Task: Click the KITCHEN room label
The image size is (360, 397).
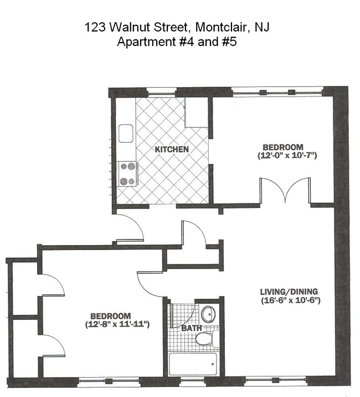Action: click(x=172, y=150)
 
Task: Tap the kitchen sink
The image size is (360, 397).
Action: click(x=125, y=134)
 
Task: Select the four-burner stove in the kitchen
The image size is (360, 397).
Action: click(x=127, y=174)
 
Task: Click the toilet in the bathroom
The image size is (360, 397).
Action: click(x=208, y=338)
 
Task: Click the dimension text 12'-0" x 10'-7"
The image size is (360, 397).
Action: click(x=286, y=156)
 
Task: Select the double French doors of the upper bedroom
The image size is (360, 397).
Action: click(x=285, y=191)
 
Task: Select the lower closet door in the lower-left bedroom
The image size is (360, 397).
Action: click(x=54, y=347)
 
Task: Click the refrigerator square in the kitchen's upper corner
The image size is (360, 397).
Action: click(x=196, y=113)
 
